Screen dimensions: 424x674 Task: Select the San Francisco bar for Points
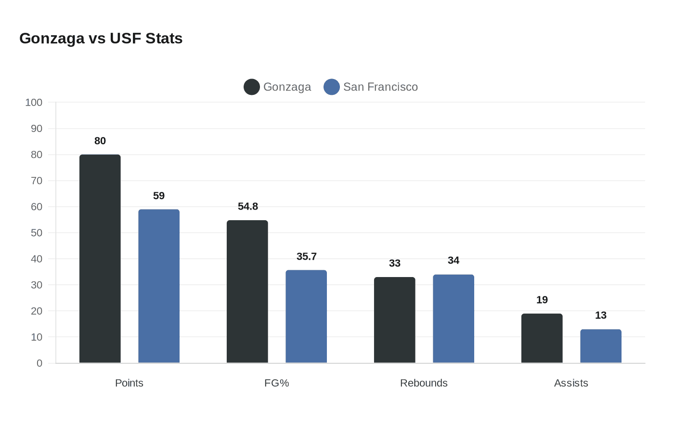click(x=159, y=286)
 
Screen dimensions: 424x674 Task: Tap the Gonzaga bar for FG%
click(x=247, y=291)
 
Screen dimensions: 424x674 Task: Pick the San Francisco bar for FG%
click(x=306, y=317)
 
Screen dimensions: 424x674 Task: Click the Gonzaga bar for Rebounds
click(x=395, y=320)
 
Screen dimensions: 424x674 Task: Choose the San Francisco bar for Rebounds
click(x=454, y=318)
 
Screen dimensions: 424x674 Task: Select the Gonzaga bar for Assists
click(x=542, y=338)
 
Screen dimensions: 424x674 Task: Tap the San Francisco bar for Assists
click(x=601, y=346)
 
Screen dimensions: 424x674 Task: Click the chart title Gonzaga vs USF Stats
click(x=101, y=38)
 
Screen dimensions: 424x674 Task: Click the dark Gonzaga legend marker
click(x=252, y=87)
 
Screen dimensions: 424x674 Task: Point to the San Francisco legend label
click(x=380, y=87)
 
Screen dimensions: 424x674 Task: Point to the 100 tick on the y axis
click(x=34, y=102)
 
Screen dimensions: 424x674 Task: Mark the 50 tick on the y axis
click(x=37, y=233)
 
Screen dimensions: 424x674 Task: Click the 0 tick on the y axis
click(x=39, y=363)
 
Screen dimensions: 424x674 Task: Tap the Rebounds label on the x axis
click(x=424, y=383)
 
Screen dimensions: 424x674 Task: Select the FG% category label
click(x=277, y=383)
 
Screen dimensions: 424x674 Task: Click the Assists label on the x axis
click(x=571, y=383)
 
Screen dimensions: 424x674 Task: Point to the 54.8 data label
click(x=248, y=206)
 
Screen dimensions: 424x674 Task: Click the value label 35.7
click(x=307, y=256)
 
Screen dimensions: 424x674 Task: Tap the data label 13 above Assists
click(x=601, y=315)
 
